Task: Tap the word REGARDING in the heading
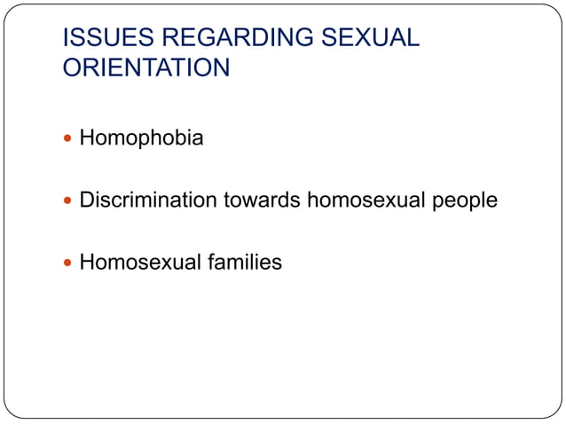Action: [220, 39]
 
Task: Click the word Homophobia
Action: [141, 139]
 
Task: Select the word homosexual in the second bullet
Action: [368, 200]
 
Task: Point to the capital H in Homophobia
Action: [87, 139]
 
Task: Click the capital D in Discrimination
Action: [87, 200]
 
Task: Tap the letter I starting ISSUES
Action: [65, 39]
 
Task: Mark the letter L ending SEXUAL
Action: [412, 39]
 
